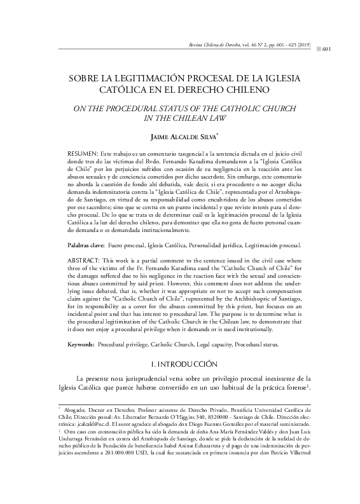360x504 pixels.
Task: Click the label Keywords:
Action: [81, 344]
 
